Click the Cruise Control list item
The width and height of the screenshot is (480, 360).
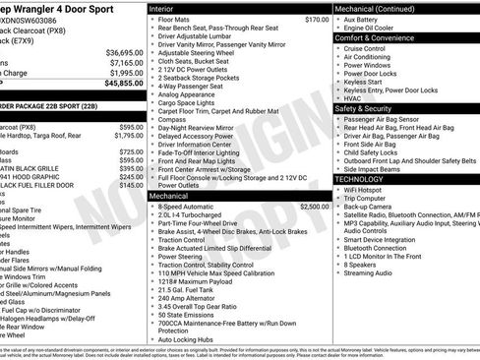coord(365,47)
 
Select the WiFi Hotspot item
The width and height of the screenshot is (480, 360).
coord(366,190)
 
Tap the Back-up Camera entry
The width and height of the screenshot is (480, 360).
coord(371,208)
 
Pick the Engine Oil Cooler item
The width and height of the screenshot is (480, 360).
coord(367,27)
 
